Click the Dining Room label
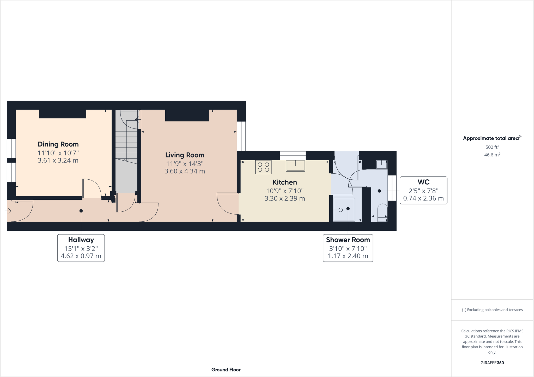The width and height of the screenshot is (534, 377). click(x=58, y=144)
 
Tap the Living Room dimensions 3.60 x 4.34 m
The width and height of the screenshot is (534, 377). click(x=185, y=171)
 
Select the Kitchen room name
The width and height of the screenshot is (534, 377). click(x=285, y=182)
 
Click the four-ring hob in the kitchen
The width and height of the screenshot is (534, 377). click(x=263, y=167)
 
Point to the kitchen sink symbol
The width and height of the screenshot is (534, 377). click(x=295, y=166)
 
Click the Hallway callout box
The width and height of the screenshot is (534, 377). click(x=81, y=248)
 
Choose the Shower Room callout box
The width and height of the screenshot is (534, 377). click(x=348, y=248)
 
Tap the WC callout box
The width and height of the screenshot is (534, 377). click(x=423, y=190)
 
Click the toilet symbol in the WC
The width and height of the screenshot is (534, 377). click(x=383, y=212)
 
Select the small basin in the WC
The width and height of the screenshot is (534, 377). click(x=381, y=165)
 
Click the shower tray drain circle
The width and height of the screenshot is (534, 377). click(x=341, y=210)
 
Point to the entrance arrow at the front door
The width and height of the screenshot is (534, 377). click(x=8, y=211)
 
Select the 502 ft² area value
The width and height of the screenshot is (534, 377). click(x=492, y=147)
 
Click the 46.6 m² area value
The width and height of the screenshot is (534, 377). click(x=492, y=155)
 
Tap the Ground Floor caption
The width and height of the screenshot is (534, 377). click(x=226, y=370)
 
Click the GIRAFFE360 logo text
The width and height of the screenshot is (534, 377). click(x=492, y=363)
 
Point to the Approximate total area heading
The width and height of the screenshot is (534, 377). click(x=491, y=138)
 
